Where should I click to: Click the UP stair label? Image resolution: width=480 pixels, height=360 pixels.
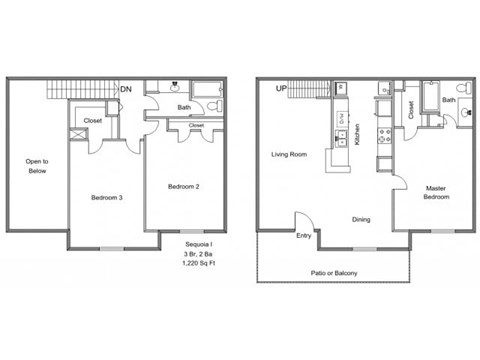281,89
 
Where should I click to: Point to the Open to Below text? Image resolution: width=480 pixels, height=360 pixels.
37,165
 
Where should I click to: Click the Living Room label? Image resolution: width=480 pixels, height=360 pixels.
289,155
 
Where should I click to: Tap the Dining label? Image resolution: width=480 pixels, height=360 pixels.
361,220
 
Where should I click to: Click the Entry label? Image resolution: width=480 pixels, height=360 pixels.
303,236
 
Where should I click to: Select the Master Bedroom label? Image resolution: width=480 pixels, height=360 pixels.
435,192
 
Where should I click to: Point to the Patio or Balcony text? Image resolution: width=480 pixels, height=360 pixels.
334,273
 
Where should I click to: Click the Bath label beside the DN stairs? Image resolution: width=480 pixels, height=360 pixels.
184,107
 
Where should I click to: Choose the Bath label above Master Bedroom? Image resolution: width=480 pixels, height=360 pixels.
449,100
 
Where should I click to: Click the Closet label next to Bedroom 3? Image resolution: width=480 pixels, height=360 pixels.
92,120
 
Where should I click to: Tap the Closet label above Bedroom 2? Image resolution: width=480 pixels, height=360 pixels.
196,126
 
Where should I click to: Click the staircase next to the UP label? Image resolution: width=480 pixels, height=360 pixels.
310,91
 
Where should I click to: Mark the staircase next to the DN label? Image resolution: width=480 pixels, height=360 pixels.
84,91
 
